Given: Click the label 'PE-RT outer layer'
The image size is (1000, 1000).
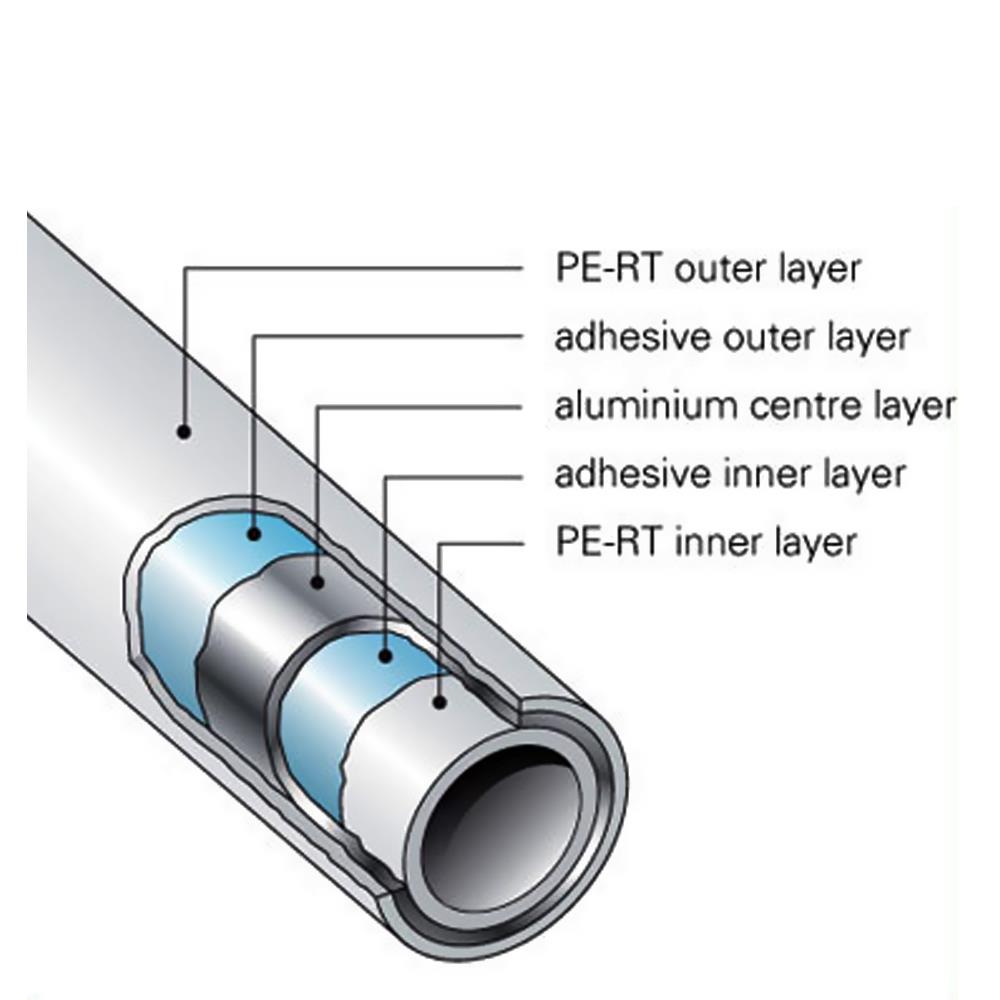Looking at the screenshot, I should tap(707, 269).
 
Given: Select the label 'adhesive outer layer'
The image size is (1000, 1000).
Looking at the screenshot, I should tap(732, 337).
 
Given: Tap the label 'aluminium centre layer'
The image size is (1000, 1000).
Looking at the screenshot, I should tap(755, 406).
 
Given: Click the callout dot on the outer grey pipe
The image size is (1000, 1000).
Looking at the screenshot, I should tap(183, 432).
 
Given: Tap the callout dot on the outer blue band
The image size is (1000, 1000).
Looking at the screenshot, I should tap(254, 534).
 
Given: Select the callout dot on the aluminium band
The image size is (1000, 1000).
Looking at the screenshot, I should tap(317, 581).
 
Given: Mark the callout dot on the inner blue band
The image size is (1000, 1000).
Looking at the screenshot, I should tap(385, 656).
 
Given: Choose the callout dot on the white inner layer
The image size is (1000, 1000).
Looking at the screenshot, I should tap(439, 702).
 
